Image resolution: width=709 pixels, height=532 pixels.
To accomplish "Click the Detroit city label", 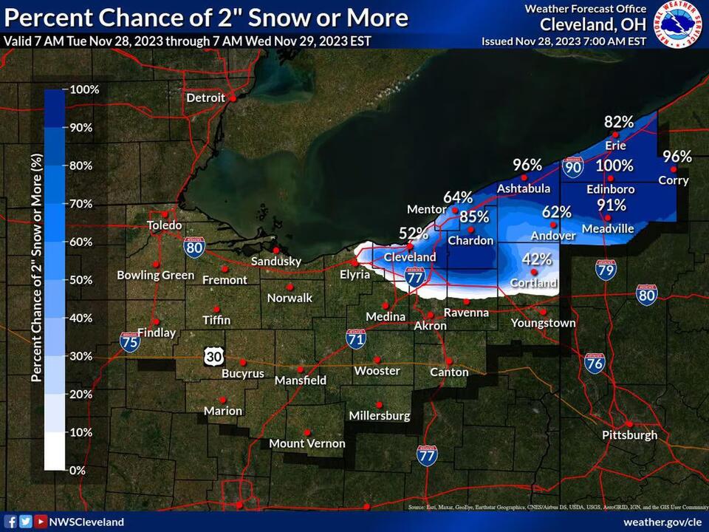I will coord(205,98).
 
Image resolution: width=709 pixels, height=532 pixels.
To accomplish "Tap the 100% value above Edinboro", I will coord(614,166).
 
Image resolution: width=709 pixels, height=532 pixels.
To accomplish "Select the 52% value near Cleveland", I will coord(414,233).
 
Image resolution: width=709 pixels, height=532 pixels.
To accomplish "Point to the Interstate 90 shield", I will coord(572,168).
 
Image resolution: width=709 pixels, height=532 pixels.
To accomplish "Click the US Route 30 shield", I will coord(210,357).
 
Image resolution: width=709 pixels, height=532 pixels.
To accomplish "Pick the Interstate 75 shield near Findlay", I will coord(130,341).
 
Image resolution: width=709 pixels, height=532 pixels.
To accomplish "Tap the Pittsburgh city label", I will coord(629,434).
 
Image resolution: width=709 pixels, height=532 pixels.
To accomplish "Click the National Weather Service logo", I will coord(679,24).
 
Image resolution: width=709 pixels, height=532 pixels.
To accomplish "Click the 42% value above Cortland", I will coord(537,259).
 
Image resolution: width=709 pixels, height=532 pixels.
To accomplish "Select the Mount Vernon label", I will coord(307,443).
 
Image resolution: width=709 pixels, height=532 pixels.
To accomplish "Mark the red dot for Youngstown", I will coord(544,311).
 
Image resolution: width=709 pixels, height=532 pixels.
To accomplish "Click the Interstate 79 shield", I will coord(606,270).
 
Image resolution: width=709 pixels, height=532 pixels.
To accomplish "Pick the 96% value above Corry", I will coord(677,157).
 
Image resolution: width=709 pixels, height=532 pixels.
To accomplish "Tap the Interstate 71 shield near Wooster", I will coord(356,339).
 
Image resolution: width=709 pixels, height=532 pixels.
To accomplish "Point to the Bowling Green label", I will coord(155,276).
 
